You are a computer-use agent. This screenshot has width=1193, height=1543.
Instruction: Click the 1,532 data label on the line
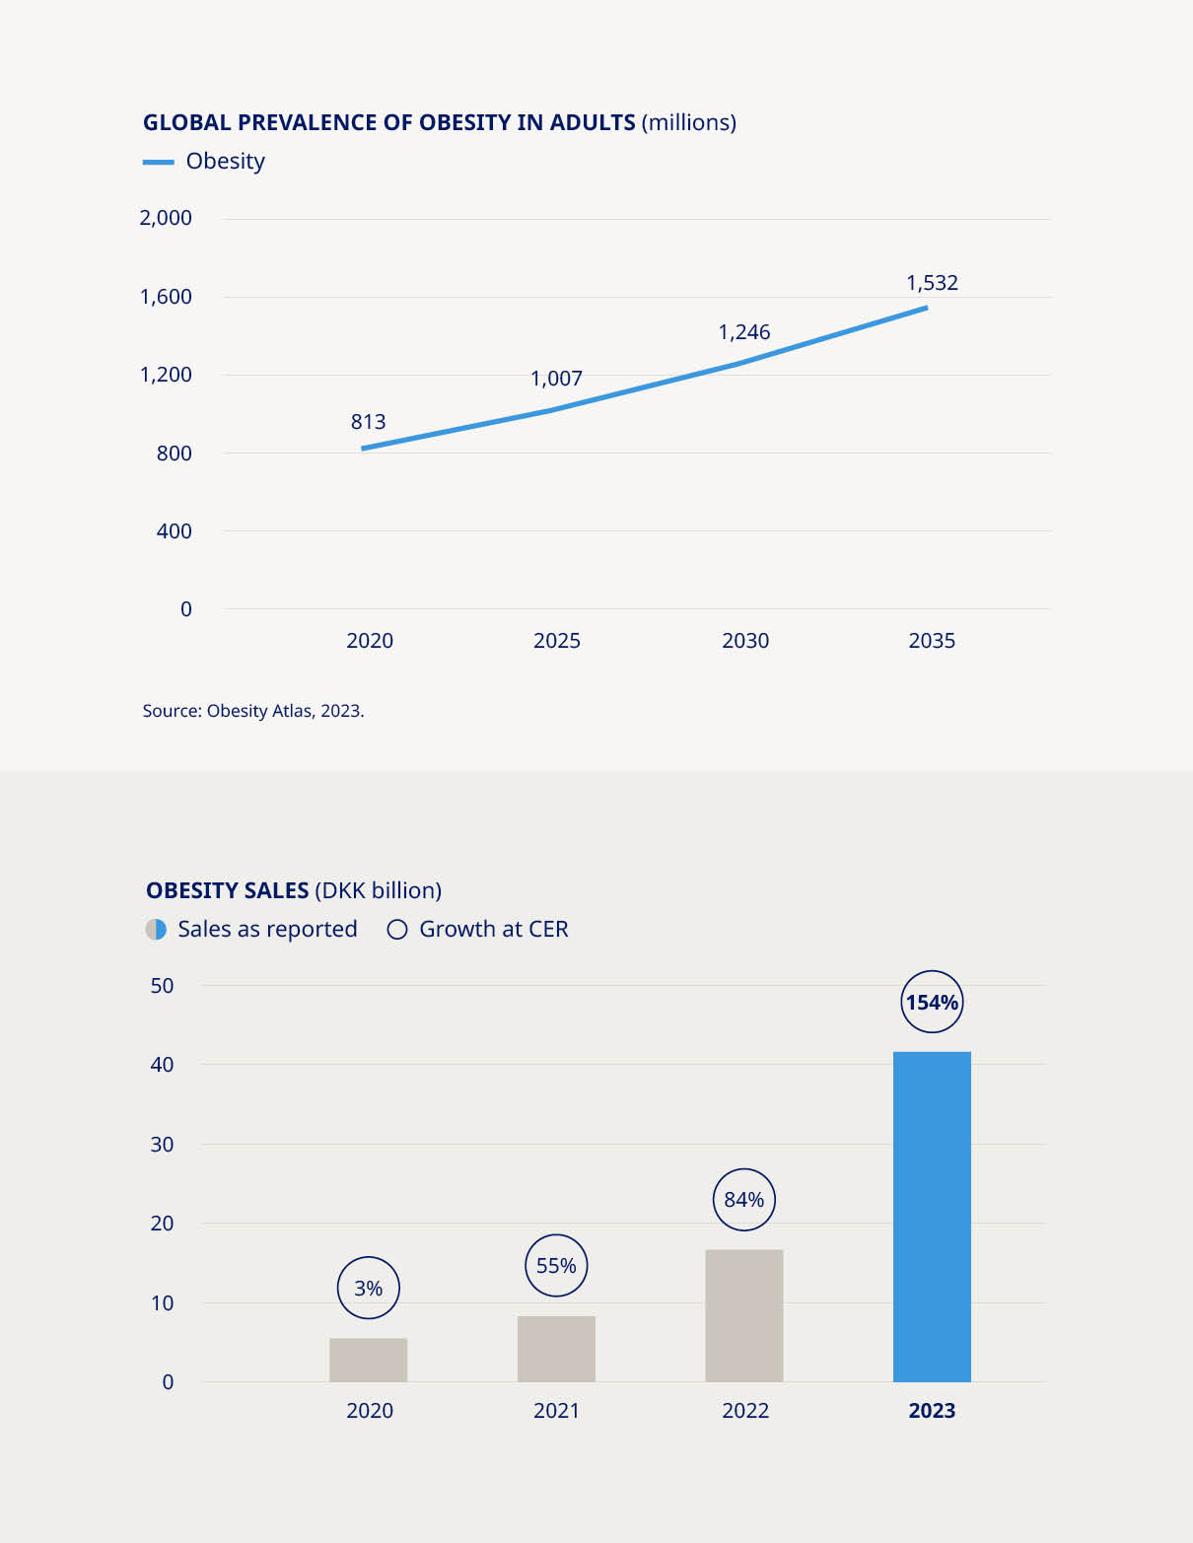pyautogui.click(x=932, y=283)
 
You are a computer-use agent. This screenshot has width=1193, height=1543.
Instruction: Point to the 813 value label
pyautogui.click(x=368, y=422)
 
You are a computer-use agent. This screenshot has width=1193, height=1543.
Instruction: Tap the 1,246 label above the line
pyautogui.click(x=744, y=332)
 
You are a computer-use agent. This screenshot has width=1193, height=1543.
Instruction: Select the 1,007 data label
pyautogui.click(x=556, y=379)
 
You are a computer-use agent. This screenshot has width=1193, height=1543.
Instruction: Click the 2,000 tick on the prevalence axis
pyautogui.click(x=166, y=218)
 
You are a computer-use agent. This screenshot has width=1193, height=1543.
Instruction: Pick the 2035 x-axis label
pyautogui.click(x=932, y=641)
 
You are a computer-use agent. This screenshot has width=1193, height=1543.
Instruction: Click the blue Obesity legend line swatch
pyautogui.click(x=158, y=162)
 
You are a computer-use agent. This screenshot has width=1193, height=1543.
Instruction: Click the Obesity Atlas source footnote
pyautogui.click(x=253, y=711)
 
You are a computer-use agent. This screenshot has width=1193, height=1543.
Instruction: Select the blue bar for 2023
pyautogui.click(x=932, y=1217)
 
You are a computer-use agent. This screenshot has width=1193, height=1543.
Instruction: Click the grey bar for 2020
pyautogui.click(x=368, y=1360)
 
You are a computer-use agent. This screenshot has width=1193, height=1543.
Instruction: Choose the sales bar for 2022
pyautogui.click(x=744, y=1315)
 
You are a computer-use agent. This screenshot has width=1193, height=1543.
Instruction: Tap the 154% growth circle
pyautogui.click(x=932, y=1003)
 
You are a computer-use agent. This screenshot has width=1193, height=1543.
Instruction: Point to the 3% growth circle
pyautogui.click(x=368, y=1289)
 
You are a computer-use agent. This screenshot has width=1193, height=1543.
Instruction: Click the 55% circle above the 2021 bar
pyautogui.click(x=556, y=1266)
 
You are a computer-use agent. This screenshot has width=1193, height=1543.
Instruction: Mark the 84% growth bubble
pyautogui.click(x=744, y=1200)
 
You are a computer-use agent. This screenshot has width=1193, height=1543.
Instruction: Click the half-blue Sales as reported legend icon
pyautogui.click(x=156, y=930)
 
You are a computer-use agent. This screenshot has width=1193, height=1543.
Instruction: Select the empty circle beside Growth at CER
pyautogui.click(x=397, y=930)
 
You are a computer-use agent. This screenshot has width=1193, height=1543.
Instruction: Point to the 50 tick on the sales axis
pyautogui.click(x=162, y=986)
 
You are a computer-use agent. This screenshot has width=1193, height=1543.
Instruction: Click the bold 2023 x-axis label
pyautogui.click(x=932, y=1411)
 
